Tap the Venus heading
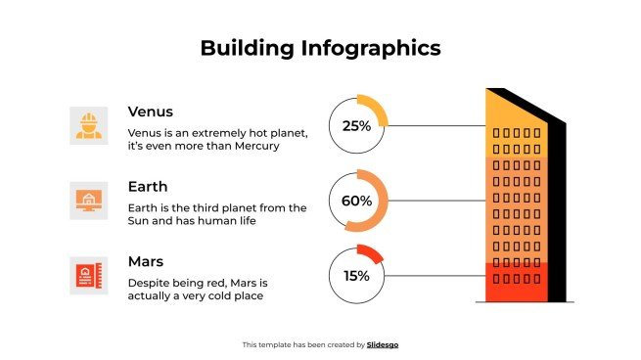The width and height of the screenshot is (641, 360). pyautogui.click(x=150, y=112)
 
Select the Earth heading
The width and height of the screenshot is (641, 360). pyautogui.click(x=148, y=186)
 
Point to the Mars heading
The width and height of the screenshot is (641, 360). pyautogui.click(x=146, y=261)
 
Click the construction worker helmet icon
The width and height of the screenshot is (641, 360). pyautogui.click(x=88, y=125)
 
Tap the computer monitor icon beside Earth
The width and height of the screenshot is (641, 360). pyautogui.click(x=88, y=201)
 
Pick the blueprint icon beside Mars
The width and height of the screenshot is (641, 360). pyautogui.click(x=88, y=275)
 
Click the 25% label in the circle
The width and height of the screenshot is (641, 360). pyautogui.click(x=356, y=126)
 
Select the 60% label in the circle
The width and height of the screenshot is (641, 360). pyautogui.click(x=356, y=201)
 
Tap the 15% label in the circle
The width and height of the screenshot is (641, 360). pyautogui.click(x=356, y=275)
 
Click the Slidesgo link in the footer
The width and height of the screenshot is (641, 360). pyautogui.click(x=383, y=344)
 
